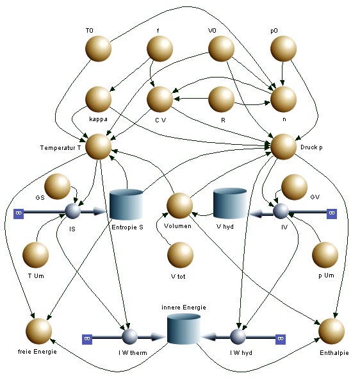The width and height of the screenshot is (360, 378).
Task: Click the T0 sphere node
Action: coord(98,49)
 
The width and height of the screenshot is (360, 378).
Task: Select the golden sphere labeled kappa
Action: coord(98,99)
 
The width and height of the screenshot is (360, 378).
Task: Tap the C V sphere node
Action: coord(160,99)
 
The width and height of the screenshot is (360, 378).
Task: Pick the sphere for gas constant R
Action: coord(221,99)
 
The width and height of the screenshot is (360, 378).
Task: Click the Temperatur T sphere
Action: coord(98,147)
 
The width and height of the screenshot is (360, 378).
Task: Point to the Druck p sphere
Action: coord(283,147)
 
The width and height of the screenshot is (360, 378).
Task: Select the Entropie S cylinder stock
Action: coord(126,204)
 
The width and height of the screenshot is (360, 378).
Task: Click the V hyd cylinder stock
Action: coord(230,204)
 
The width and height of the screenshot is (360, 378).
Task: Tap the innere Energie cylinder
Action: coord(184,329)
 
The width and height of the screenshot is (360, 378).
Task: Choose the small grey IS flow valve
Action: coord(72,211)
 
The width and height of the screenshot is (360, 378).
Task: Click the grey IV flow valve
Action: coord(281,211)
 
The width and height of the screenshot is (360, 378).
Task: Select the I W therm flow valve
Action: coord(129,336)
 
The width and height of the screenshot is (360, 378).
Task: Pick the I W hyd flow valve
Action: coord(238,336)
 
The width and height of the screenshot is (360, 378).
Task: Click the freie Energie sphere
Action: coord(39,331)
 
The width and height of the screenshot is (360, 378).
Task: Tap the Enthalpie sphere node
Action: coord(332,331)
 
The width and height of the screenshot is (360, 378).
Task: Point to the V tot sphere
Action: coord(180,255)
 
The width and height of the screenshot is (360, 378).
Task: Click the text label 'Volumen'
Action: coord(177,226)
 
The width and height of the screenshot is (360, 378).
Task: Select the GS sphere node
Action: coord(58,186)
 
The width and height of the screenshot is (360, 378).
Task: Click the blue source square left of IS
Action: coord(19,213)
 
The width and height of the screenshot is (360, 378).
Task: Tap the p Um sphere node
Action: coord(325,255)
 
